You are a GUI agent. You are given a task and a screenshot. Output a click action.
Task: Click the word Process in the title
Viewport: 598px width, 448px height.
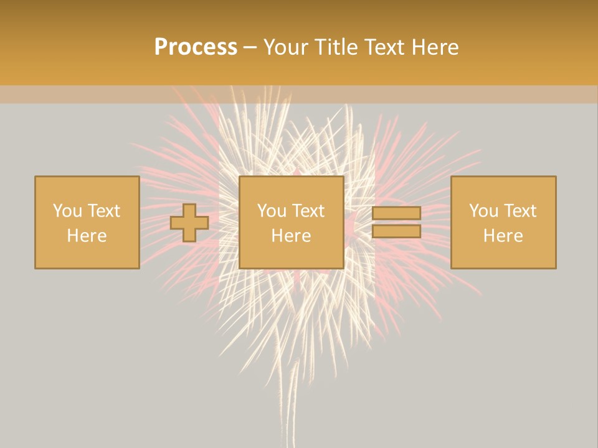point(196,47)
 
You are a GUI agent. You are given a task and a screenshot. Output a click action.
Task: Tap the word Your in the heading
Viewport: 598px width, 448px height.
point(287,47)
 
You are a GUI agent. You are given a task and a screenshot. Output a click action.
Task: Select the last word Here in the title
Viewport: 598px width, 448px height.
point(435,47)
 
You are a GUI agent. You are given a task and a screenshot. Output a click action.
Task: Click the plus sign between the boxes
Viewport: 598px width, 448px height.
point(189,223)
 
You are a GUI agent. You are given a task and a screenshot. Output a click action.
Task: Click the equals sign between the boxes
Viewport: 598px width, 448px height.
point(396,222)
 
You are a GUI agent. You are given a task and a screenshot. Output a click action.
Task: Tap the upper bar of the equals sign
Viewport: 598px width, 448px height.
point(396,213)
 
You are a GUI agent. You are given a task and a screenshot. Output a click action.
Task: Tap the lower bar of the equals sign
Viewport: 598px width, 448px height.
point(396,231)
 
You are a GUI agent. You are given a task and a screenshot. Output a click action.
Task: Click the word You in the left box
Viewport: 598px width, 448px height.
point(67,211)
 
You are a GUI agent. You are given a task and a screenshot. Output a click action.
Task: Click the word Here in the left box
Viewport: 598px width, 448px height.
point(87,236)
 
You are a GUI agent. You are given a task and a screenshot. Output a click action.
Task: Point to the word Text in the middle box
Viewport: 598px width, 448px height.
point(309,211)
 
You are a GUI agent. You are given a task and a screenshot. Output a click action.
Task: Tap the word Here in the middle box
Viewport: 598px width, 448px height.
point(291,236)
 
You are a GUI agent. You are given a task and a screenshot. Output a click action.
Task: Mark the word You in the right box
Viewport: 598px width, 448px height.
point(484,211)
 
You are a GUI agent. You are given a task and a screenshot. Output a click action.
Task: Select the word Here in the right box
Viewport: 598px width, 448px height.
point(503,236)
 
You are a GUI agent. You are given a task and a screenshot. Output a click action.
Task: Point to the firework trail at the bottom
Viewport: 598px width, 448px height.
point(290,404)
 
